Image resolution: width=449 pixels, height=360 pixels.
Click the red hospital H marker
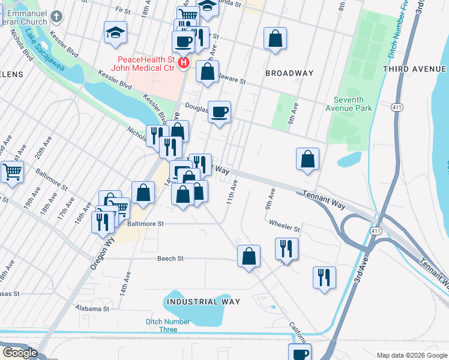click(184, 62)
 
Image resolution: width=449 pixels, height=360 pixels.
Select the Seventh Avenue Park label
click(354, 104)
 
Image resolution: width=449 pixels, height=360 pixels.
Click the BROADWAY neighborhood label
click(290, 73)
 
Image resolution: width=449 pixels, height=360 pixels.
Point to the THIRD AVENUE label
click(415, 69)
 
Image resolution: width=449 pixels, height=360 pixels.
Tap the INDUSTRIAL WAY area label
click(203, 302)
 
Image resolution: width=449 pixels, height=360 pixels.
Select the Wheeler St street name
click(285, 228)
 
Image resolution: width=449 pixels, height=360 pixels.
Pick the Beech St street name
click(170, 259)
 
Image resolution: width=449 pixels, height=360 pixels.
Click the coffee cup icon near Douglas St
click(220, 111)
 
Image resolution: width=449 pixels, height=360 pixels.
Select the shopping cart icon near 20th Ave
click(12, 172)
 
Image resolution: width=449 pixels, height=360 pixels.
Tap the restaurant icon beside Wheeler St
click(286, 248)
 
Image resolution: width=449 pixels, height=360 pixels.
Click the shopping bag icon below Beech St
click(249, 256)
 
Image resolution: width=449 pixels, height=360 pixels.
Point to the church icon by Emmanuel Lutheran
click(56, 16)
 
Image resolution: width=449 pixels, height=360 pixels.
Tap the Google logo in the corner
click(19, 353)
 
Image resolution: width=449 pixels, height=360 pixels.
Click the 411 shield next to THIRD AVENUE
click(397, 107)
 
